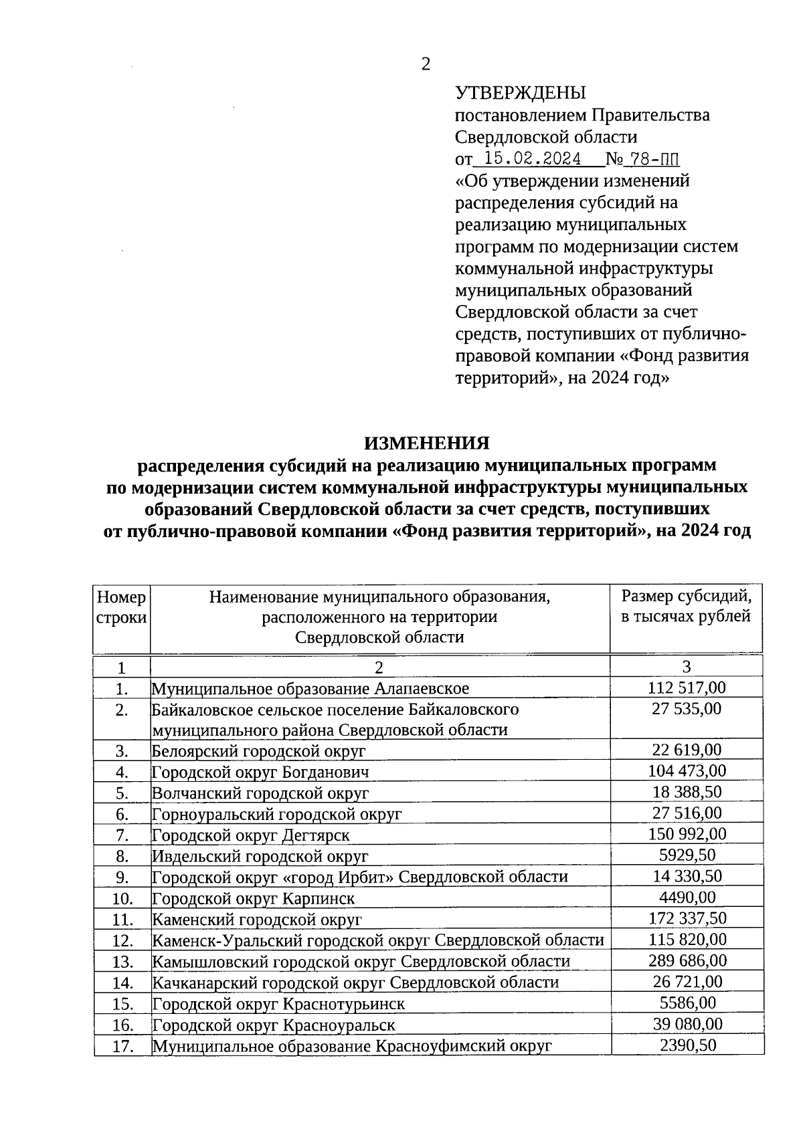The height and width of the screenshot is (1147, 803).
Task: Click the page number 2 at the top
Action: tap(425, 64)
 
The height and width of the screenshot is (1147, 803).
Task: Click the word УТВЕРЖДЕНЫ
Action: tap(520, 93)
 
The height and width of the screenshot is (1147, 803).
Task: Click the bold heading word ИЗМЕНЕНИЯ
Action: tap(426, 443)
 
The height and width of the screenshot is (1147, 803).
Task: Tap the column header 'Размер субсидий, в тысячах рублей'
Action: tap(686, 606)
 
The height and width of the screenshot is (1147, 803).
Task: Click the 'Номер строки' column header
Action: tap(121, 607)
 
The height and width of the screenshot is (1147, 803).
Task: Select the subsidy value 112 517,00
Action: tap(687, 688)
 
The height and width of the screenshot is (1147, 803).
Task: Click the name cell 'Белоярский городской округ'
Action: tap(259, 750)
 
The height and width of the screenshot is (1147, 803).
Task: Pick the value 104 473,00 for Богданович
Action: tap(687, 771)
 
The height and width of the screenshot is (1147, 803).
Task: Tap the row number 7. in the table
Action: tap(121, 835)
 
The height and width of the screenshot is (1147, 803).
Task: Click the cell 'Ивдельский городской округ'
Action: tap(260, 856)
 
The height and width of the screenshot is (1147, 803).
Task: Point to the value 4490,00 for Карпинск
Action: tap(687, 898)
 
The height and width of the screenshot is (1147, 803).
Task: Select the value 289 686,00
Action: tap(687, 961)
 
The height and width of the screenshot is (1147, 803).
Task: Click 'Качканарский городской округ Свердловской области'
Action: tap(355, 982)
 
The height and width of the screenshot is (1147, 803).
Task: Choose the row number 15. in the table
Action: tap(121, 1004)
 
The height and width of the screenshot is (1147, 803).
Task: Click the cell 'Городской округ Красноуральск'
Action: tap(274, 1025)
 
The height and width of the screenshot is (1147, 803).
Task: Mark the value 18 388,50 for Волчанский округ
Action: tap(687, 793)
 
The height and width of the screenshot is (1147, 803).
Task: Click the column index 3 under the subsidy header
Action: tap(687, 667)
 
